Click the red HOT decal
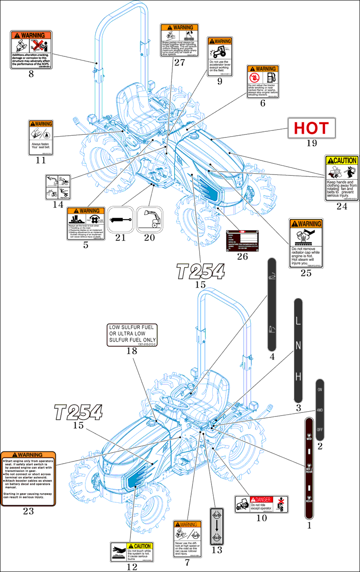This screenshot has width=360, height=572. point(312,128)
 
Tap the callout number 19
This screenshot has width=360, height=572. point(312,143)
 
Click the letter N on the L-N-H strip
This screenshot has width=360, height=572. point(298,345)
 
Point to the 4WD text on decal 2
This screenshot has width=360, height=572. point(320,409)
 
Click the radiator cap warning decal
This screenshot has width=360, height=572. point(306,243)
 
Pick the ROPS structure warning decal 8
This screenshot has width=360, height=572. point(31,50)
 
